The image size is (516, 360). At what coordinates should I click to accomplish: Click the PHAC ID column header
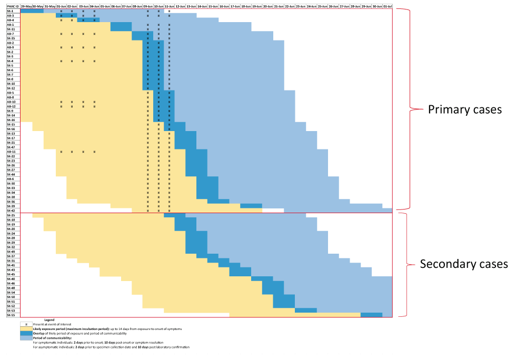(x=10, y=6)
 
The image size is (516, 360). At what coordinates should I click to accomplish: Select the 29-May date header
(x=26, y=6)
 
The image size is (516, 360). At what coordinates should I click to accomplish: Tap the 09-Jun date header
(x=147, y=6)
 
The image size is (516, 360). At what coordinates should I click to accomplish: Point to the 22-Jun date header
(x=290, y=6)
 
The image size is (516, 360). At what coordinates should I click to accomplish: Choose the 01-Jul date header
(x=388, y=6)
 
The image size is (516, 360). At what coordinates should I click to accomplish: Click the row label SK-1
(x=10, y=11)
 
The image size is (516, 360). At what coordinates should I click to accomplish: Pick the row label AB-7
(x=10, y=34)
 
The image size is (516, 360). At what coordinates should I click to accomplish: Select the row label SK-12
(x=10, y=88)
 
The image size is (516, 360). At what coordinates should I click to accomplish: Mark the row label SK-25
(x=10, y=215)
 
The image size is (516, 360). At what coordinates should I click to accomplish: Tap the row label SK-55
(x=10, y=315)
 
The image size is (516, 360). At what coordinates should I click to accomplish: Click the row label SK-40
(x=10, y=278)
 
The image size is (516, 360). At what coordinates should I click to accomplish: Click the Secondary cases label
(x=463, y=264)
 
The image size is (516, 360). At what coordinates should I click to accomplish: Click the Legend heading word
(x=49, y=319)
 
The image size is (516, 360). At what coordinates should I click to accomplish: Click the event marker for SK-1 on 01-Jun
(x=61, y=11)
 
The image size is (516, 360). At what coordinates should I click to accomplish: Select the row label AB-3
(x=10, y=16)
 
